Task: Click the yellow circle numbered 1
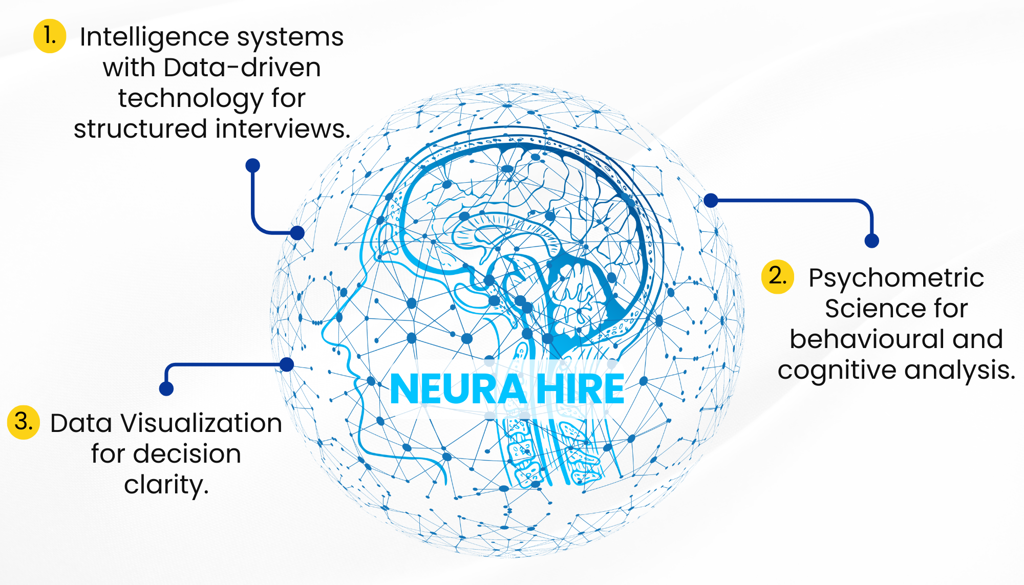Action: [50, 36]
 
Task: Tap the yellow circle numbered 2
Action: [777, 276]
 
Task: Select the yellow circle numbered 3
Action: [24, 422]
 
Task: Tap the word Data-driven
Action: [242, 68]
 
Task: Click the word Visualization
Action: [201, 423]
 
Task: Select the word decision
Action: [187, 454]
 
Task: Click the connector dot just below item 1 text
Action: [253, 165]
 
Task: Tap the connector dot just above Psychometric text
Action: [871, 241]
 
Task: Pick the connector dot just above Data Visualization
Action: [166, 388]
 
